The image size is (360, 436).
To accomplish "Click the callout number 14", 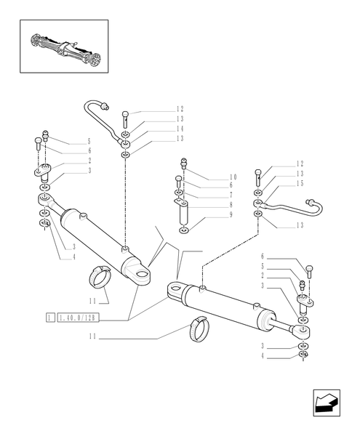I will [179, 128].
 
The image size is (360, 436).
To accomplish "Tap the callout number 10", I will [233, 177].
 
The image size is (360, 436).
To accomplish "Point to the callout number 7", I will [231, 195].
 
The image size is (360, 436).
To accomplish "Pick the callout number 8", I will [231, 206].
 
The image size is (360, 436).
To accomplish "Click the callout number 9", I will [231, 215].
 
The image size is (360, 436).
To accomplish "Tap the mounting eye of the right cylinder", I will [175, 290].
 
